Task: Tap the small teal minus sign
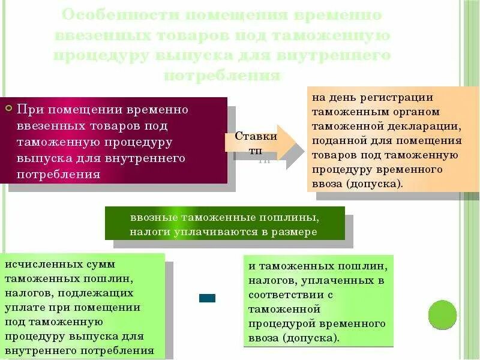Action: [207, 298]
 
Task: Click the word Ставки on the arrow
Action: [256, 136]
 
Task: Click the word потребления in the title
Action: [222, 76]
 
